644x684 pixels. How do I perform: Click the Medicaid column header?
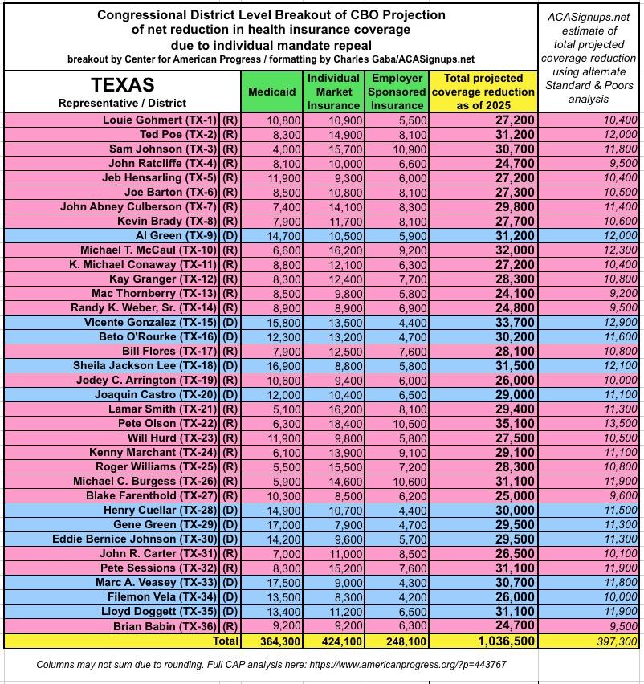271,92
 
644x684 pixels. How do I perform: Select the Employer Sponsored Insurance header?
397,92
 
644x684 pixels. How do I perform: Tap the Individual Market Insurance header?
333,92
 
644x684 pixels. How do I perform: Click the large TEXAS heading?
122,85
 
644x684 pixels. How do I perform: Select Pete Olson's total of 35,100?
514,423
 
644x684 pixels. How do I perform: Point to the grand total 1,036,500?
503,641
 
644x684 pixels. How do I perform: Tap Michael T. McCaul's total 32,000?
514,250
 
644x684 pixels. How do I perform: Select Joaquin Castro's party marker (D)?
229,394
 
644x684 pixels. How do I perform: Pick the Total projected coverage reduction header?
483,92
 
